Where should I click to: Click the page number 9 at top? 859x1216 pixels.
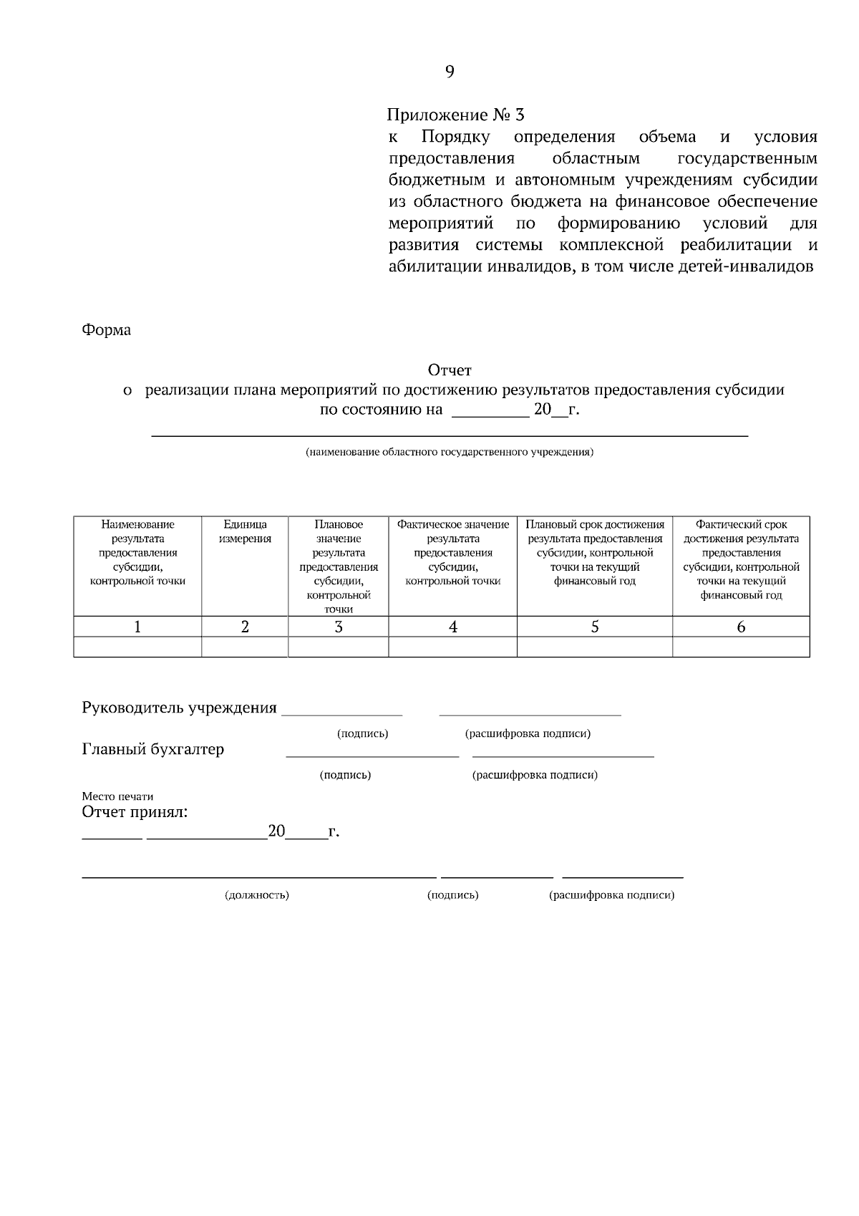click(x=450, y=72)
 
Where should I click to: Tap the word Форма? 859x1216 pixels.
click(x=107, y=330)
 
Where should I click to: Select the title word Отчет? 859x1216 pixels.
click(x=450, y=370)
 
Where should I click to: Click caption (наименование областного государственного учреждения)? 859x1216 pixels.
click(x=449, y=452)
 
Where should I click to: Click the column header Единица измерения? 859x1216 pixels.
click(x=245, y=531)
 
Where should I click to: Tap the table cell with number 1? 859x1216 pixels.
click(x=137, y=627)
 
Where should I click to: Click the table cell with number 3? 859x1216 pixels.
click(x=338, y=627)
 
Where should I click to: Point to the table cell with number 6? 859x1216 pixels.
click(x=741, y=627)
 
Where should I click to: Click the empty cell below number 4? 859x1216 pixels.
click(x=452, y=647)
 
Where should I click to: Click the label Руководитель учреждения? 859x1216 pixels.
click(x=179, y=708)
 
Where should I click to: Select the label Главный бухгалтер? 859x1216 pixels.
click(x=153, y=749)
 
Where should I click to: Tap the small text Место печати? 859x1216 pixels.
click(x=117, y=796)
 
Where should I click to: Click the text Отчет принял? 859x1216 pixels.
click(x=135, y=812)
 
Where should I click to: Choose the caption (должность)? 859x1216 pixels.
click(x=256, y=895)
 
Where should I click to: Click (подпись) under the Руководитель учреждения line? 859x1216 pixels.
click(x=362, y=734)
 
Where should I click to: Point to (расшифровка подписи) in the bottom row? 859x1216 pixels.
click(x=611, y=895)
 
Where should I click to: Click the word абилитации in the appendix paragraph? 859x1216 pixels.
click(x=435, y=267)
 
